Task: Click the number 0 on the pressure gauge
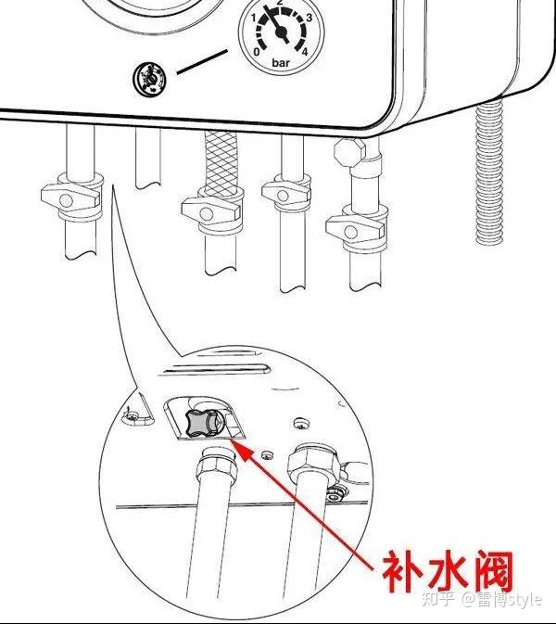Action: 256,53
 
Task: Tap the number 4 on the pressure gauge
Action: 305,53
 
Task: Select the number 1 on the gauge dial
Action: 253,18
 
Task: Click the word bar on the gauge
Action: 281,64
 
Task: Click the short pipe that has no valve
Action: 148,158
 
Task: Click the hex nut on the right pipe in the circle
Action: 311,460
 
